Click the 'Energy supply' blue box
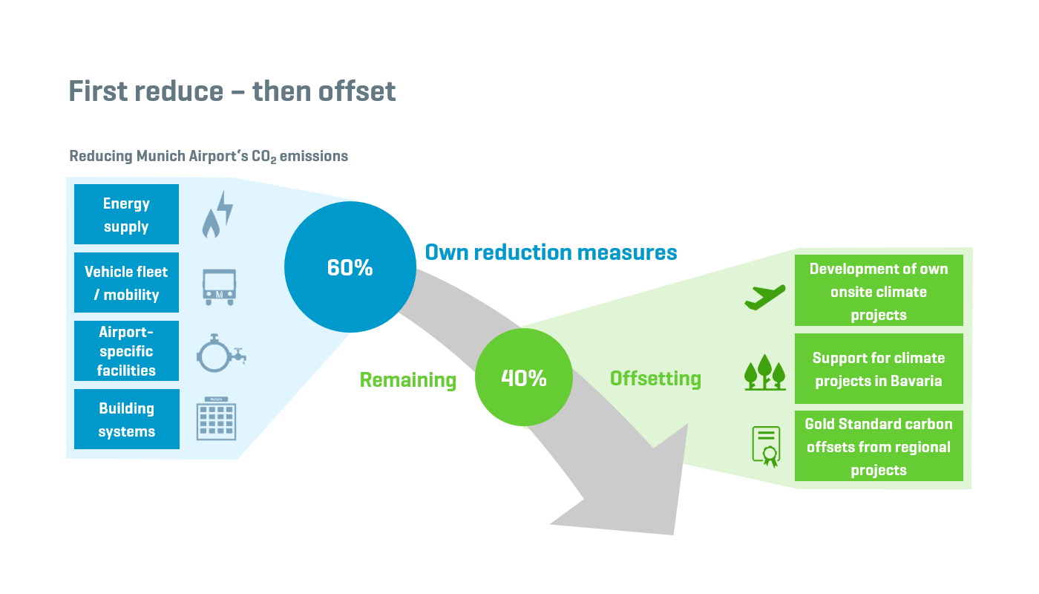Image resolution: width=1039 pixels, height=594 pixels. (x=127, y=214)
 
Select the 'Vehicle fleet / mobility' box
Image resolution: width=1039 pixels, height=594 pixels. (x=127, y=282)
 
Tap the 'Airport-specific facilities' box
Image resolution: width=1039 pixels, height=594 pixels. (x=127, y=350)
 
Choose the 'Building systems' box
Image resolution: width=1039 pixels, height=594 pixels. (x=127, y=419)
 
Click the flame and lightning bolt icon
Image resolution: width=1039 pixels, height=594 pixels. (x=217, y=214)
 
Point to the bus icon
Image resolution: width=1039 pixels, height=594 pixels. (x=220, y=287)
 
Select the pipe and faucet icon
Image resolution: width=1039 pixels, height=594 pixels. (x=221, y=353)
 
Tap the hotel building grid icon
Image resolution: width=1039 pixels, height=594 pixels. (x=216, y=418)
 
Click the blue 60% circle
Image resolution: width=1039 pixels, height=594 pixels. (x=350, y=267)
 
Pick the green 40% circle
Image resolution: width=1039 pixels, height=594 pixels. (x=524, y=377)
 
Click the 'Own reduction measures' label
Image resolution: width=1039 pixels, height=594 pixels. (x=551, y=252)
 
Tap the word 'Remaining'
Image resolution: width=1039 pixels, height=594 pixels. (x=408, y=380)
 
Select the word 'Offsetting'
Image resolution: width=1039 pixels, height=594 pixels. (x=655, y=379)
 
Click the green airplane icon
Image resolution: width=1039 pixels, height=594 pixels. (x=765, y=297)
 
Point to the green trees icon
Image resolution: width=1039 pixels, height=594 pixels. (x=765, y=372)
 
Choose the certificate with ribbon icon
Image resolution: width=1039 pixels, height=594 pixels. (x=766, y=446)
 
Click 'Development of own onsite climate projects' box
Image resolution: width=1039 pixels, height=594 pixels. (x=879, y=290)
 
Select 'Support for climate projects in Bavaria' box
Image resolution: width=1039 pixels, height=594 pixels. (x=879, y=368)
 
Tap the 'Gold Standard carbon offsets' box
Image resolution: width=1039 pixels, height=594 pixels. (x=879, y=446)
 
